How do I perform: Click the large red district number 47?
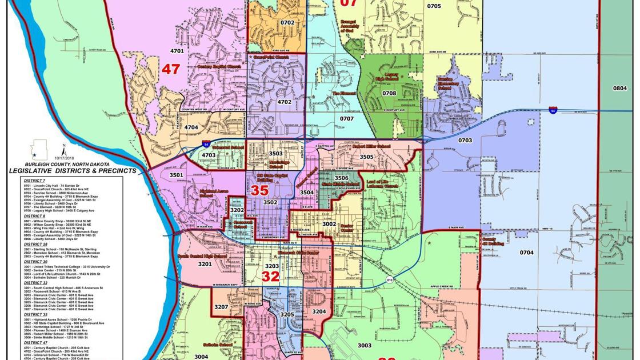(x=170, y=69)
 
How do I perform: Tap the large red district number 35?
(x=260, y=190)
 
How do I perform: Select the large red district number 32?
(x=270, y=277)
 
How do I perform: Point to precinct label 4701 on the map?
(x=177, y=51)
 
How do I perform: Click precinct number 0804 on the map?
(x=619, y=88)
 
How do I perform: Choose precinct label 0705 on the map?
(x=434, y=6)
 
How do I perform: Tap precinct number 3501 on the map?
(x=176, y=175)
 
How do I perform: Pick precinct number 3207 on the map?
(x=222, y=307)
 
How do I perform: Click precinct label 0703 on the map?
(x=465, y=140)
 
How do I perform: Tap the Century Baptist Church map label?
(x=219, y=66)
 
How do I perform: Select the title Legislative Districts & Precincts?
(x=73, y=170)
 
